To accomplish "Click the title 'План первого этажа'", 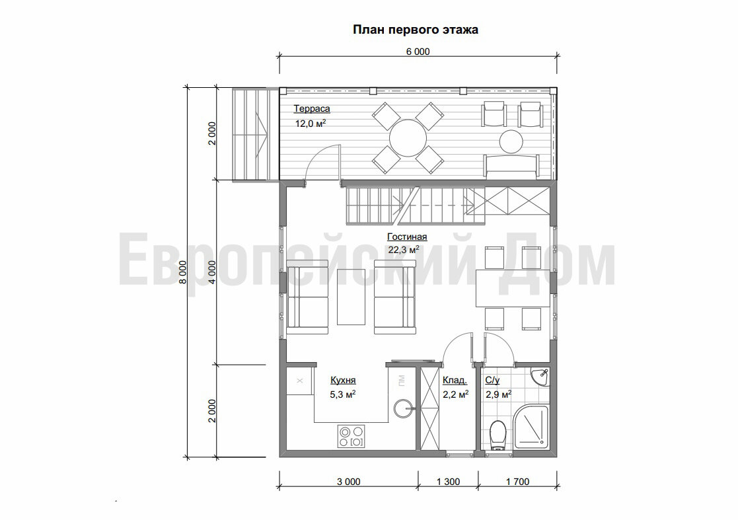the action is (416, 30).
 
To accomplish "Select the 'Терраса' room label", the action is (312, 109).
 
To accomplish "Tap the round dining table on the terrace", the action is (408, 138).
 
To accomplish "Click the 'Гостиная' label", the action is (407, 237).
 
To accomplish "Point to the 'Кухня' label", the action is (343, 380).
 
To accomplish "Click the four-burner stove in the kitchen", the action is (351, 436).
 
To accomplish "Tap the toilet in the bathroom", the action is (497, 435).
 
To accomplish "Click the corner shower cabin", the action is (531, 427).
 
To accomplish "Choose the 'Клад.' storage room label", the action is (455, 380).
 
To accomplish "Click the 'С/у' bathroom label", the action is (492, 380).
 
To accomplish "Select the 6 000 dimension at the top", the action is (418, 52).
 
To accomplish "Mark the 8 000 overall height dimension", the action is (183, 272).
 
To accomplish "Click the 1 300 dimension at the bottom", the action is (448, 482).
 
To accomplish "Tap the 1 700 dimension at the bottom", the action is (518, 482).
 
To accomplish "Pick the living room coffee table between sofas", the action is (351, 297).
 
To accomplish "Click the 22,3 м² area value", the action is (404, 250).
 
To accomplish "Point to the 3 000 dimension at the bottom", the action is (349, 482).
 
